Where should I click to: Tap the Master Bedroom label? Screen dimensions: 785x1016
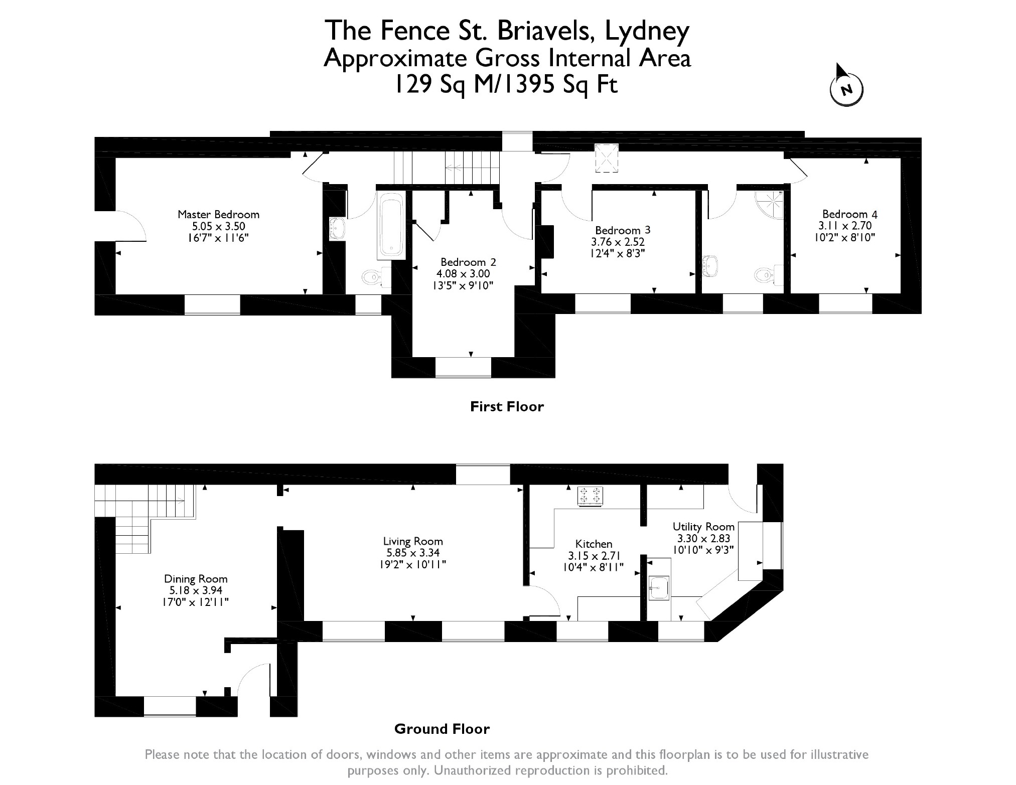218,215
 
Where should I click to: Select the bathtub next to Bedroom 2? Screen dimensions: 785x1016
391,226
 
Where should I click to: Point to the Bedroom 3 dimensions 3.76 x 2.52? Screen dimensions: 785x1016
618,242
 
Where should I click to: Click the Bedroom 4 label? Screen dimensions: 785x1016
849,214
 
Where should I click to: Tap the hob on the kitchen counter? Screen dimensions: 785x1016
591,496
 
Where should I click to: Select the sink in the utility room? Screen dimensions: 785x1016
659,587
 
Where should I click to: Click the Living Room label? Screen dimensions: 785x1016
412,541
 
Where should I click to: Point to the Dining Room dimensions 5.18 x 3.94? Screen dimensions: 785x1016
196,590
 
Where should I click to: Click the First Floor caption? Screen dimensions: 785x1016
507,406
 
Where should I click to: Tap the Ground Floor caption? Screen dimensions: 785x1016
442,729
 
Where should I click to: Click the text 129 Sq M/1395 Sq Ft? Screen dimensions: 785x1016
507,84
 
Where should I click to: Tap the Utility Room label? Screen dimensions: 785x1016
703,527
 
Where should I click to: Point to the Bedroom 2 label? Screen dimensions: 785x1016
468,262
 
